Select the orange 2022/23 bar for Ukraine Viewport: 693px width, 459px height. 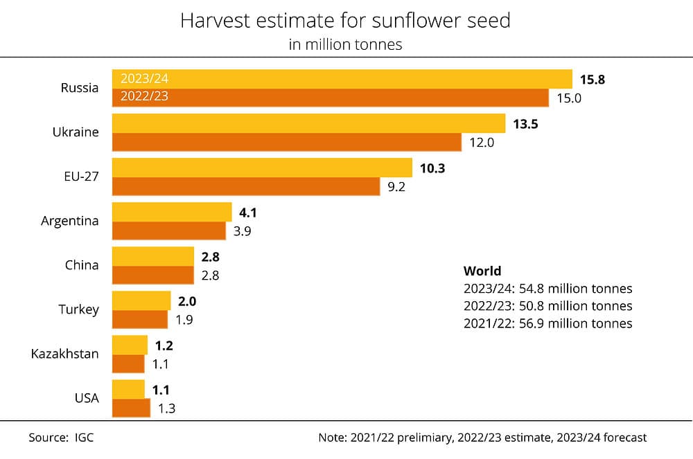[x=286, y=142]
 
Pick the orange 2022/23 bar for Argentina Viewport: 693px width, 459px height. [x=168, y=231]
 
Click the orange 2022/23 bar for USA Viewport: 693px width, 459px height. [x=131, y=408]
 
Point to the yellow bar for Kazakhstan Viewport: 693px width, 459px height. [x=130, y=345]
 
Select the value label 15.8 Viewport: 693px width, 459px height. [x=593, y=80]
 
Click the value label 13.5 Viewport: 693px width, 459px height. [x=525, y=124]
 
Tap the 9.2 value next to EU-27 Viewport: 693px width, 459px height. [x=396, y=186]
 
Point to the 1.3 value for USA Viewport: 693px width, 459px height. [x=166, y=408]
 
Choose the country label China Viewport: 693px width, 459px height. [x=82, y=265]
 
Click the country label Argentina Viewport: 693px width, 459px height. [x=70, y=221]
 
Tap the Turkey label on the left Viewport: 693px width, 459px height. [x=78, y=309]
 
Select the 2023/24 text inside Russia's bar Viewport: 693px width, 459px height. [x=144, y=79]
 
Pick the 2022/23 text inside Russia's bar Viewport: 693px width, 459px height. [x=144, y=97]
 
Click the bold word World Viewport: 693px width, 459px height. [x=482, y=271]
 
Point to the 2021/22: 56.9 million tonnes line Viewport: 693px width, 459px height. [x=547, y=323]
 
